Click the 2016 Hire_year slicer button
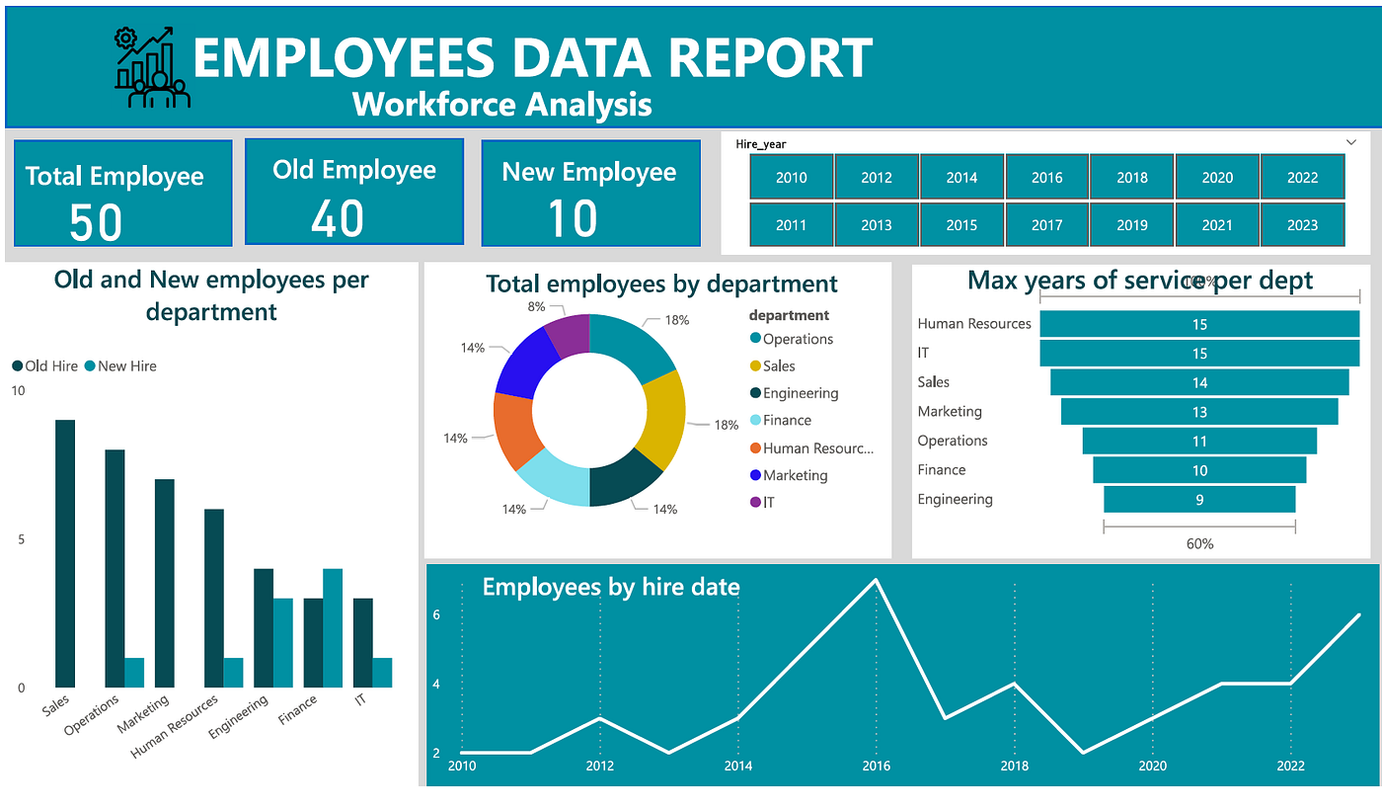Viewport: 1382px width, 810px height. pos(1046,177)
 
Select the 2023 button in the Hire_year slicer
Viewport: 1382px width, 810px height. pos(1302,224)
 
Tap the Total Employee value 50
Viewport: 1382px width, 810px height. pos(96,221)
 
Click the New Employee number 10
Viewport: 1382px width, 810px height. pos(572,218)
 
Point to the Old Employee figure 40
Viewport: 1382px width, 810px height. pos(338,217)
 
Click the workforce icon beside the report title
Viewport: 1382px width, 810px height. pos(151,67)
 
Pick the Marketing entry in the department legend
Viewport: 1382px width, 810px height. pos(795,475)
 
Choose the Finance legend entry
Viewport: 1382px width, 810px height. pos(787,421)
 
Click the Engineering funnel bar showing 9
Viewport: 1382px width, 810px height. pos(1199,500)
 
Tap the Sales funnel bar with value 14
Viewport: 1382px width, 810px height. pos(1199,382)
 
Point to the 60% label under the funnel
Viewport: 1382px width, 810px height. pos(1199,543)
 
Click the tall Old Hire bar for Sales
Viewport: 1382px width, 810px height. pos(65,553)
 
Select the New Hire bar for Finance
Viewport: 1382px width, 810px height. pos(333,627)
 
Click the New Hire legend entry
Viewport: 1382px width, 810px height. pos(126,365)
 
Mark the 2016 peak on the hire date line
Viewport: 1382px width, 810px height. pos(876,580)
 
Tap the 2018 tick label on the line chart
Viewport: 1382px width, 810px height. pos(1015,766)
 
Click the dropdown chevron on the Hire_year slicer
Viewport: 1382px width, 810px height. pos(1351,143)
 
